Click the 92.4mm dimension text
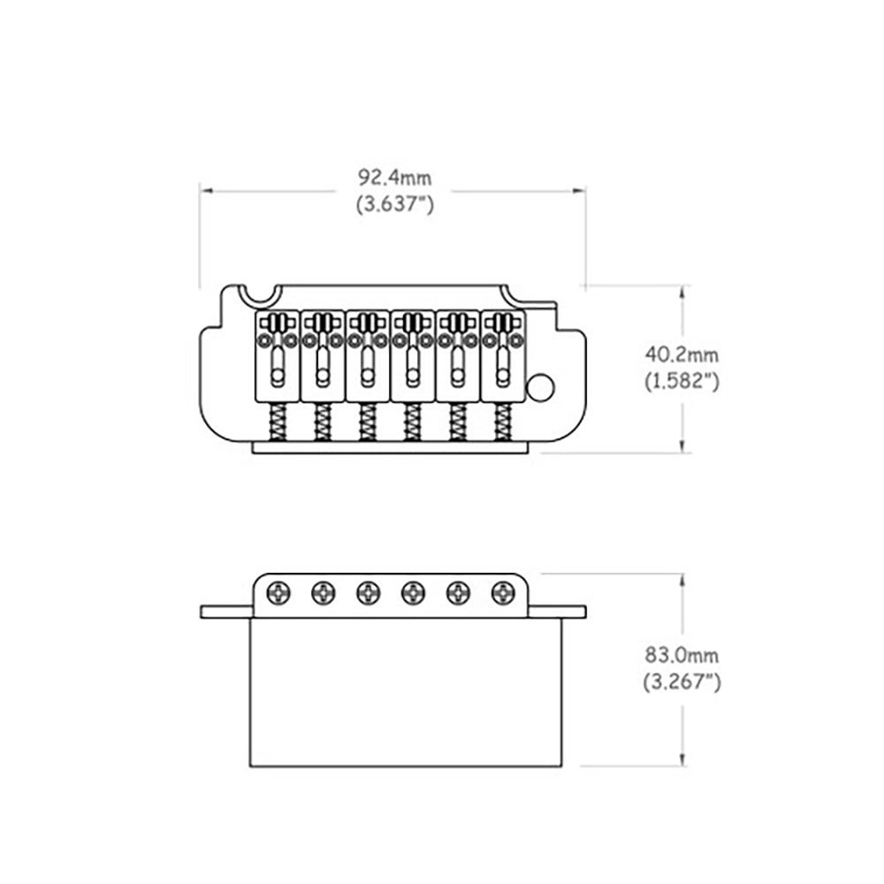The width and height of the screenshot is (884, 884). pyautogui.click(x=395, y=178)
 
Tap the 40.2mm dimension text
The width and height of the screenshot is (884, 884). pyautogui.click(x=682, y=354)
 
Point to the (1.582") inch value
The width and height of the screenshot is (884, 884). pyautogui.click(x=682, y=381)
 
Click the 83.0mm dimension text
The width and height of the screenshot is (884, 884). pyautogui.click(x=682, y=655)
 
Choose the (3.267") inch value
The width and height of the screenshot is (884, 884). pyautogui.click(x=682, y=682)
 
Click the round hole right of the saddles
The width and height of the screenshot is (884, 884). pyautogui.click(x=541, y=388)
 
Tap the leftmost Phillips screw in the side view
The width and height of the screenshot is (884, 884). pyautogui.click(x=278, y=593)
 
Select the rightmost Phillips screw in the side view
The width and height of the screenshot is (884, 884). pyautogui.click(x=503, y=593)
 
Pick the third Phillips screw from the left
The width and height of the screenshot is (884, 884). pyautogui.click(x=368, y=593)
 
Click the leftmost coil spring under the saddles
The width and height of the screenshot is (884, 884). pyautogui.click(x=278, y=422)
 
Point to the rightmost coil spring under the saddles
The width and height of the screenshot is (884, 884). pyautogui.click(x=503, y=422)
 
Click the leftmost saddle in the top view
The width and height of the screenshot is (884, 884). pyautogui.click(x=278, y=355)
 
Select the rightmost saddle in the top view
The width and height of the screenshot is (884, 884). pyautogui.click(x=503, y=355)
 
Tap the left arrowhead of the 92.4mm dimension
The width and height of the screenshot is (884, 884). pyautogui.click(x=206, y=191)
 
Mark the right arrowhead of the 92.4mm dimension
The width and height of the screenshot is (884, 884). pyautogui.click(x=580, y=191)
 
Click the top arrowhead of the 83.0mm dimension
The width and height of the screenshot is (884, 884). pyautogui.click(x=683, y=580)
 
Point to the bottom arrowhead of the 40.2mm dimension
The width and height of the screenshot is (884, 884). pyautogui.click(x=683, y=446)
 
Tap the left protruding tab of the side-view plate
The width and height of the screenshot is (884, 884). pyautogui.click(x=226, y=612)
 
